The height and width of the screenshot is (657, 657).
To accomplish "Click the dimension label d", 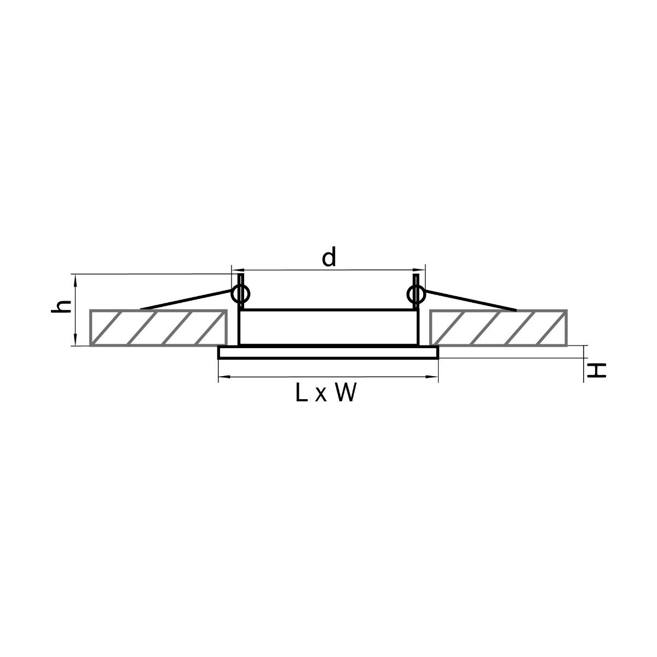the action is point(328,257).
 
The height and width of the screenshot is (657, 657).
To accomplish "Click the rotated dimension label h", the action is point(61,307).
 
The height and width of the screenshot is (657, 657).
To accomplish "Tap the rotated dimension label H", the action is point(596,370).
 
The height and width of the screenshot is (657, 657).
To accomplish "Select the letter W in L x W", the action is point(345,393).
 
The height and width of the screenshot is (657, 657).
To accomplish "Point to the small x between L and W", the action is point(321,395).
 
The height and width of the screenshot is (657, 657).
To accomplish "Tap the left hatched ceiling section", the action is point(158,327).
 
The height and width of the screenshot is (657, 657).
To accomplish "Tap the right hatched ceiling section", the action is point(498,327).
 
